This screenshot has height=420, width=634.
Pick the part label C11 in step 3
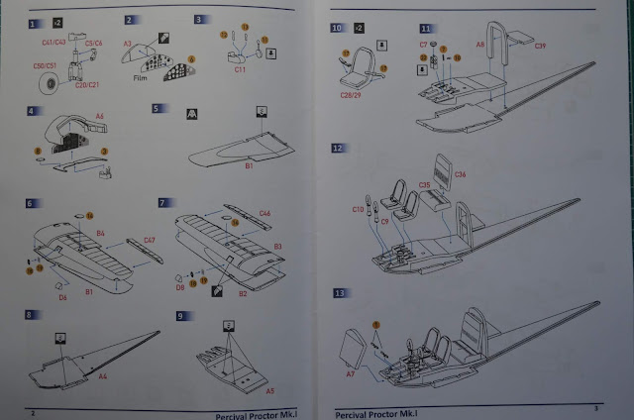click(241, 69)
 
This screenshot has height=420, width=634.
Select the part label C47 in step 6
click(150, 240)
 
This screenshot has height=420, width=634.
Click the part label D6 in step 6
click(61, 296)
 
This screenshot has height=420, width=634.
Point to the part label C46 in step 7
click(265, 213)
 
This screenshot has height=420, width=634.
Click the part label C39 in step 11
click(540, 46)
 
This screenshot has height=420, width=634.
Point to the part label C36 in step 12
click(460, 174)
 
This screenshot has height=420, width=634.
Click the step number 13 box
click(340, 294)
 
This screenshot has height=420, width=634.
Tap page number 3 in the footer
click(596, 409)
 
